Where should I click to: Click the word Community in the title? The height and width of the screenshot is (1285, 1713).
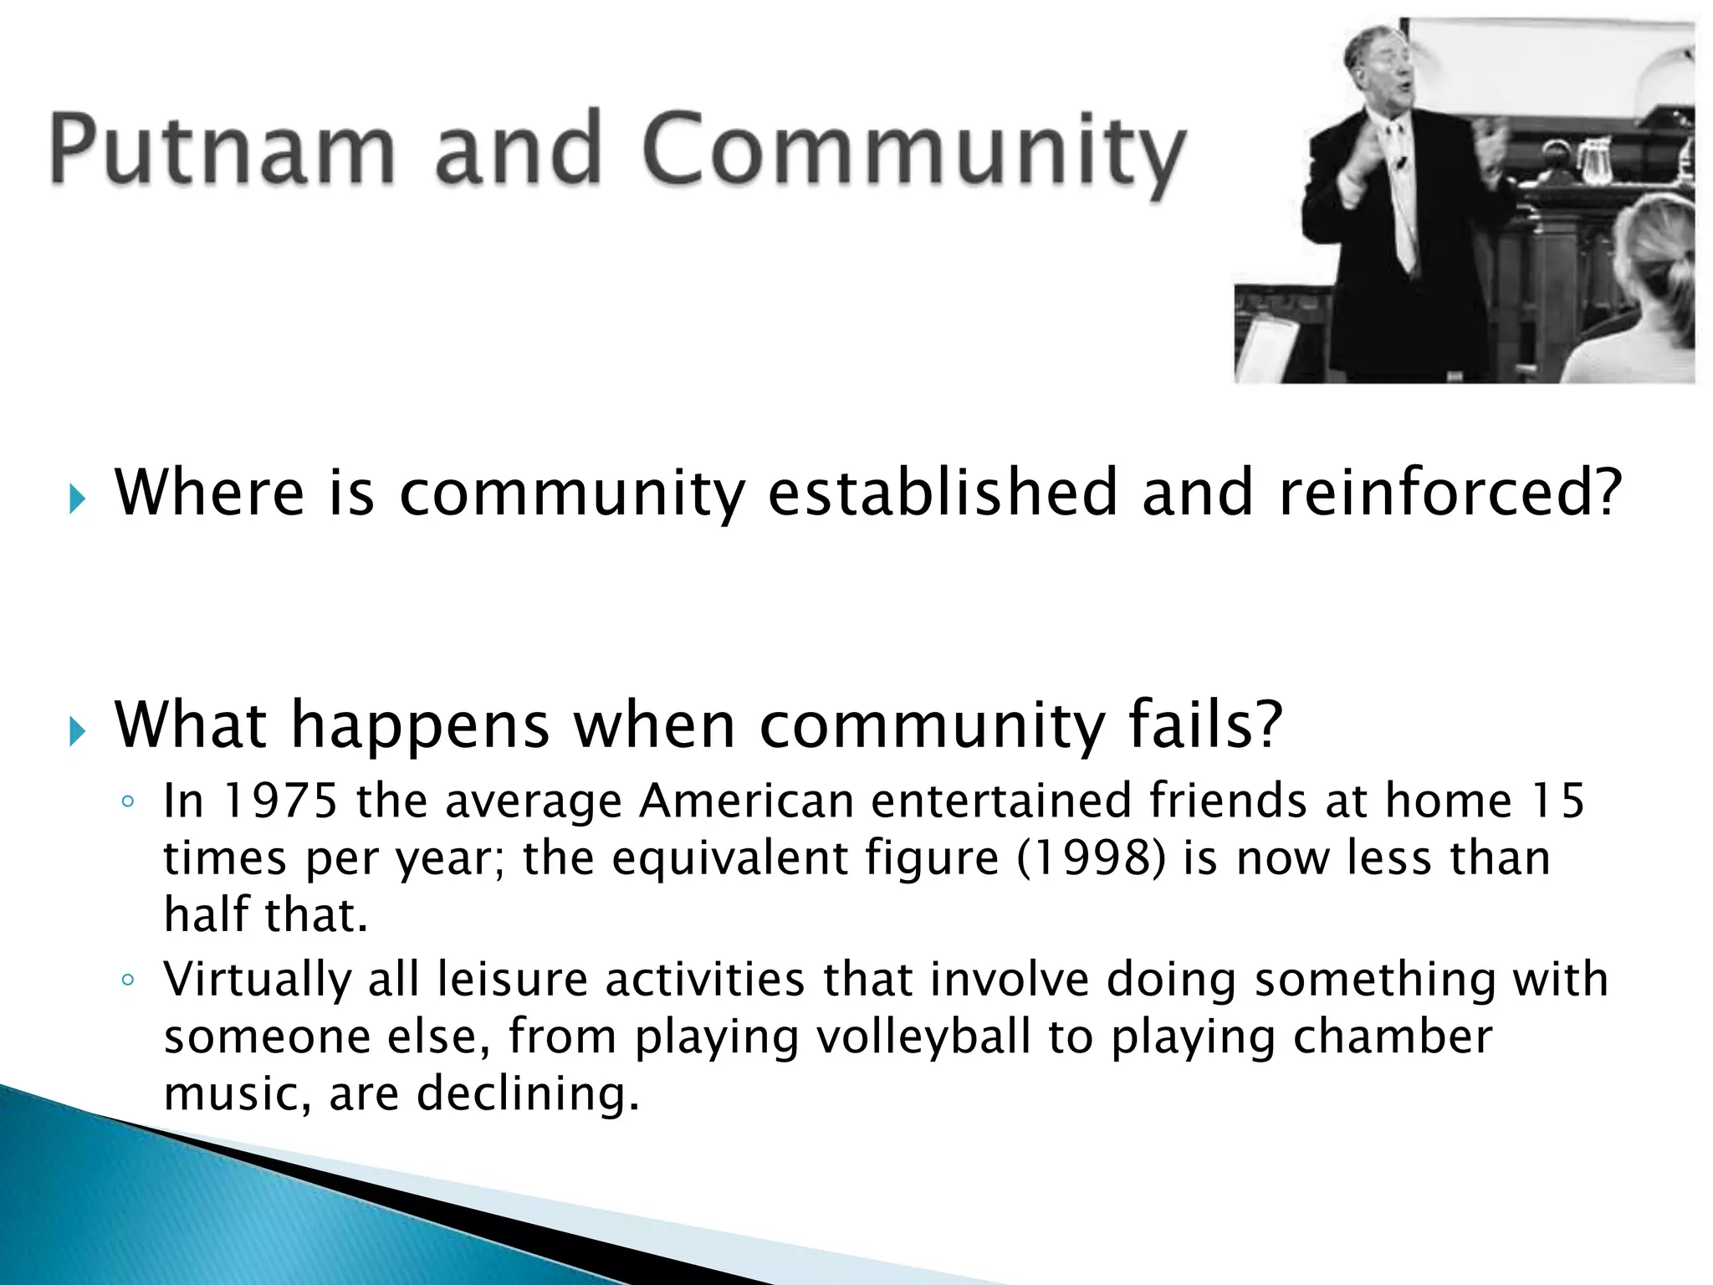coord(913,151)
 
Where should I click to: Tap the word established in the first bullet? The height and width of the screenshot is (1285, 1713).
coord(943,493)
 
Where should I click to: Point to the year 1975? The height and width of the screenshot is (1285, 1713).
coord(280,801)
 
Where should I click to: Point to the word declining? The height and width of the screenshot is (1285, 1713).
coord(528,1093)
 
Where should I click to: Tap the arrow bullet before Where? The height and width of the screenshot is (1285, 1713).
coord(78,500)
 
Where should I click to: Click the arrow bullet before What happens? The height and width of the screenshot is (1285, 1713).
coord(78,733)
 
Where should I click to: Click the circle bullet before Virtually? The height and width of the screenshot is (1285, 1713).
coord(127,980)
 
